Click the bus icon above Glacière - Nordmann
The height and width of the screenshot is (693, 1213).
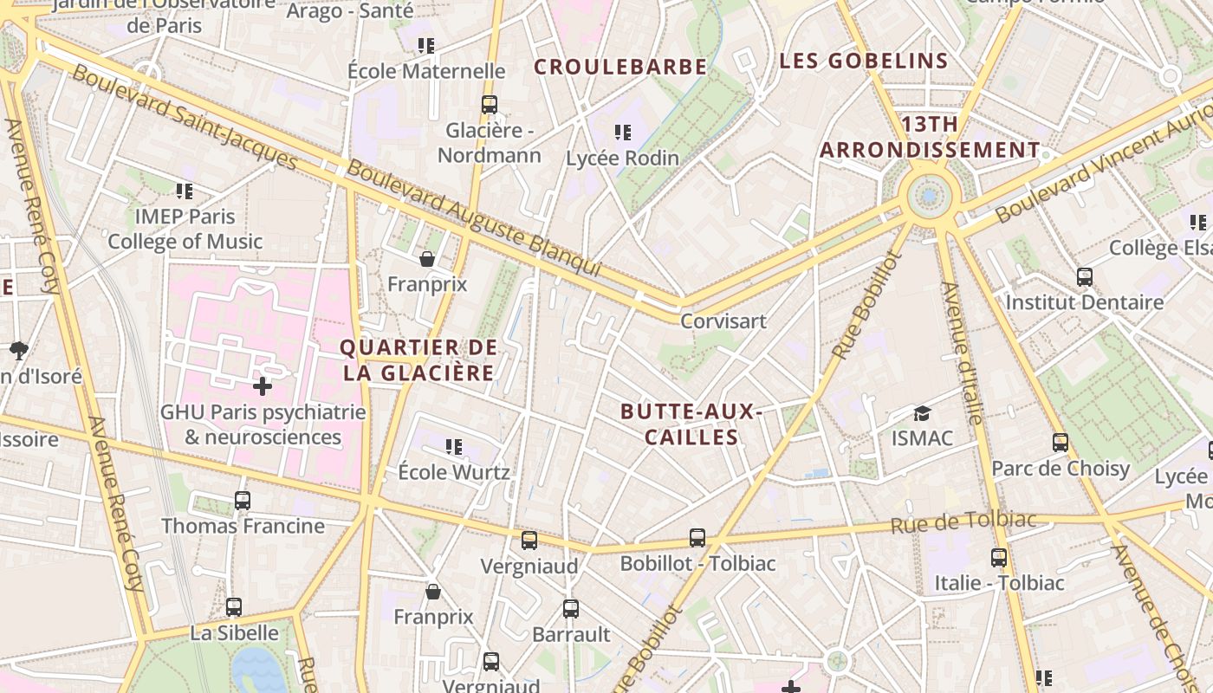(490, 105)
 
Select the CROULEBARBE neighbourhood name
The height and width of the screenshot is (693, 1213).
(620, 67)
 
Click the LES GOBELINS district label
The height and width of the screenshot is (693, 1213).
(864, 61)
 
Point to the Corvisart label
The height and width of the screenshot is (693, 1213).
(723, 321)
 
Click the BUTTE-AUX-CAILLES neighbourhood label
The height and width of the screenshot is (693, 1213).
(691, 424)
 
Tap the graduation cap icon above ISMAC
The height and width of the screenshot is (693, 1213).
(922, 414)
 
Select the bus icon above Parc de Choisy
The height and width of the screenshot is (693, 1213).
(1060, 443)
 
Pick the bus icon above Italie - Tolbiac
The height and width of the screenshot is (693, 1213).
(999, 558)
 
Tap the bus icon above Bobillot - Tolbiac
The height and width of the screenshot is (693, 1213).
(697, 538)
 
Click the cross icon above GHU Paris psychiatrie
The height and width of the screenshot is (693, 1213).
(263, 385)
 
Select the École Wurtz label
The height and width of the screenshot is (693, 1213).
(454, 472)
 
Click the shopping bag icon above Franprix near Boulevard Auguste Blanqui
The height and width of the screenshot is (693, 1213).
(427, 259)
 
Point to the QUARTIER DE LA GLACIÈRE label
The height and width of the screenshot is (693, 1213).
(418, 360)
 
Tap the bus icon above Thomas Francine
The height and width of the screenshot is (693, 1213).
(243, 501)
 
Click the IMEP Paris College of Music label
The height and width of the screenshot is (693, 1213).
(185, 229)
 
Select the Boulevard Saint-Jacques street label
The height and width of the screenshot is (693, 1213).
(185, 117)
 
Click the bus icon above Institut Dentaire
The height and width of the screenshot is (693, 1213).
(1085, 277)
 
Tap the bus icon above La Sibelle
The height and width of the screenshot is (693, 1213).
(234, 607)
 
